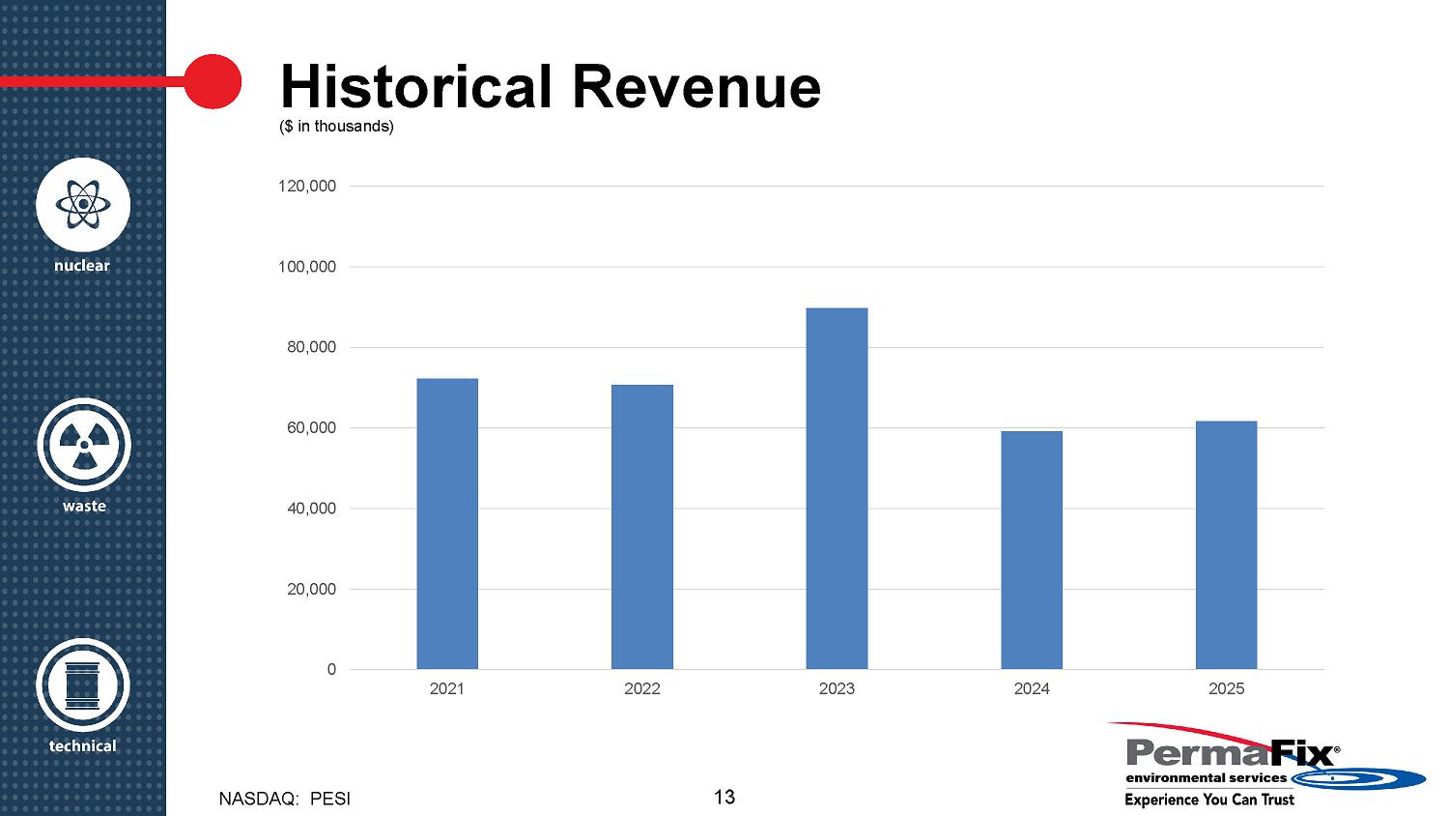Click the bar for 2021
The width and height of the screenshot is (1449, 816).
[447, 523]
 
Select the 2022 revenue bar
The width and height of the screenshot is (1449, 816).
[642, 527]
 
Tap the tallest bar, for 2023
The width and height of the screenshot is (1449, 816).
[837, 488]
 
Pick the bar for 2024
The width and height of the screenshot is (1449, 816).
[1032, 549]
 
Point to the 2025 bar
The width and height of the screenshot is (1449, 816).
[1226, 544]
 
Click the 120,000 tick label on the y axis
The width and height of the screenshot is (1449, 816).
[307, 186]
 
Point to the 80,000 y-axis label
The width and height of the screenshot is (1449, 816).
[311, 347]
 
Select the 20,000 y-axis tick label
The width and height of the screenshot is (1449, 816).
[311, 589]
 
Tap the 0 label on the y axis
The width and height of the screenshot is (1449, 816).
[331, 669]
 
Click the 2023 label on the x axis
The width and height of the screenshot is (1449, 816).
[837, 688]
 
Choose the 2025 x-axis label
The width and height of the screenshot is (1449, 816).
[1226, 688]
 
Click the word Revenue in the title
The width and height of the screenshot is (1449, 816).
[696, 86]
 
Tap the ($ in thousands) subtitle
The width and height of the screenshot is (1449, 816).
[336, 127]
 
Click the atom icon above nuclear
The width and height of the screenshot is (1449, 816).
[83, 204]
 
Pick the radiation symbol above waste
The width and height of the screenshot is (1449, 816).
[84, 445]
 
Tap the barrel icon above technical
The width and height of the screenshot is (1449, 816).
[83, 685]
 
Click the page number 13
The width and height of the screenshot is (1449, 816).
[724, 797]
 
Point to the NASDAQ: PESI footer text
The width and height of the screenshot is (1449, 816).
[285, 800]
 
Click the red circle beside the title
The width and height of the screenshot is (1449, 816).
[212, 81]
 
